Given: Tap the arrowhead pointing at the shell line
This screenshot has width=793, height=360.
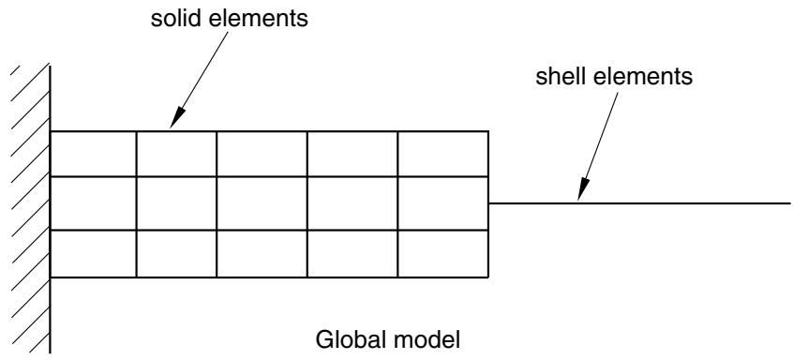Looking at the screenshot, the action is [584, 189].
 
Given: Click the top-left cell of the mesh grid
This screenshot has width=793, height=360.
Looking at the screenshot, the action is [94, 154].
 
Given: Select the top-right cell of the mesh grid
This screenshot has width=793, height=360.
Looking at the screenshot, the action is [443, 154].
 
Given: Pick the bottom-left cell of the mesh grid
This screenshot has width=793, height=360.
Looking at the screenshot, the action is [94, 253].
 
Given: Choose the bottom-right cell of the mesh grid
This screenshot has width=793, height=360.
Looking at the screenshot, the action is [443, 253].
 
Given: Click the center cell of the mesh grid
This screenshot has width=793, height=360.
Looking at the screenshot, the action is [262, 203].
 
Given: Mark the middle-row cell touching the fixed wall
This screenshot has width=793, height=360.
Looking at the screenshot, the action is [94, 203].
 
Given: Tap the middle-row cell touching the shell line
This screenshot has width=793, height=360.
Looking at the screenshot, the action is [443, 203].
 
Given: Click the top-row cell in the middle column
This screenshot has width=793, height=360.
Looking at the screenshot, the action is [262, 154].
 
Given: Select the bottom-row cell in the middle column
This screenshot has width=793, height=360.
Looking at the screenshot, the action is [262, 253].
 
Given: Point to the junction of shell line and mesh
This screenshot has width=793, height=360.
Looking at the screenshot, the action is [488, 203].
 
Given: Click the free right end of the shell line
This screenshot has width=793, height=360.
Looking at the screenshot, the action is [789, 203].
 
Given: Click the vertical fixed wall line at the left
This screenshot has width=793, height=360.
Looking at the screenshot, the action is [50, 208].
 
